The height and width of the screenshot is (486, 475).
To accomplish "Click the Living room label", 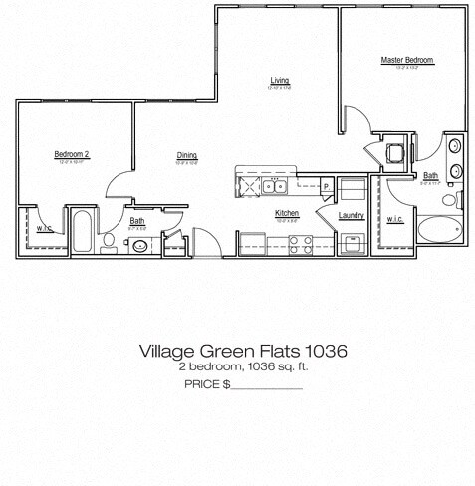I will pos(278,81).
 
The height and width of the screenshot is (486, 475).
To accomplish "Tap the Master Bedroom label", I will pos(404,61).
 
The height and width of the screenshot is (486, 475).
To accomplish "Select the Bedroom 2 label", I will pos(72,154).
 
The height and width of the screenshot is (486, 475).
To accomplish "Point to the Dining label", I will pos(186,155).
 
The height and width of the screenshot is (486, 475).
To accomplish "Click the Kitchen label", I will pos(287,214).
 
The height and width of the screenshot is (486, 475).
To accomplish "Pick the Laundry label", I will pos(351,215).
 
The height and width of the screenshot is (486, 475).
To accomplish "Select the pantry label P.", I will pos(326,186).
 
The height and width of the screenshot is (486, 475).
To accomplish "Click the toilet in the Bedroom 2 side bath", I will pos(108,241).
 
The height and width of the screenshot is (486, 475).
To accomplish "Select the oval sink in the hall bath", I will pos(138,241).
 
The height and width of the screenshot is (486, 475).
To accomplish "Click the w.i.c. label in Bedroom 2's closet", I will pos(44,228).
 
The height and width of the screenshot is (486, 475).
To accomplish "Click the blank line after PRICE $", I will pos(266,384).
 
